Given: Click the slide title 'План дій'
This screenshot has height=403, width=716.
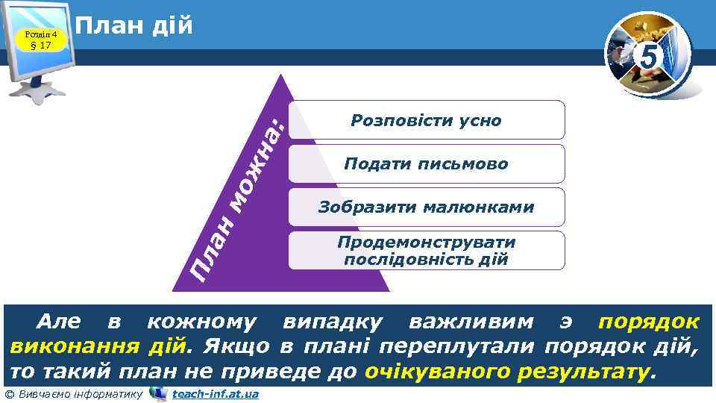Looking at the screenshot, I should [x=134, y=26].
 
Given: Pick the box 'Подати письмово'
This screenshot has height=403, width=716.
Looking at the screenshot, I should [x=426, y=163].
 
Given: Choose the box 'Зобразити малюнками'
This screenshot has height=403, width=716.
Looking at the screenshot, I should [x=426, y=207].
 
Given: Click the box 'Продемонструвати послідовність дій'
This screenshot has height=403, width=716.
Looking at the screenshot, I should [x=426, y=251].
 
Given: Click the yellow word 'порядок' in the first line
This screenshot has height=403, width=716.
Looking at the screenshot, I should [x=649, y=322].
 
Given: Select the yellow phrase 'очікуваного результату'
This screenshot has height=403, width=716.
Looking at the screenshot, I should [x=507, y=372].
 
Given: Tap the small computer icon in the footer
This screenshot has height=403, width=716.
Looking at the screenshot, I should [x=157, y=393].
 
